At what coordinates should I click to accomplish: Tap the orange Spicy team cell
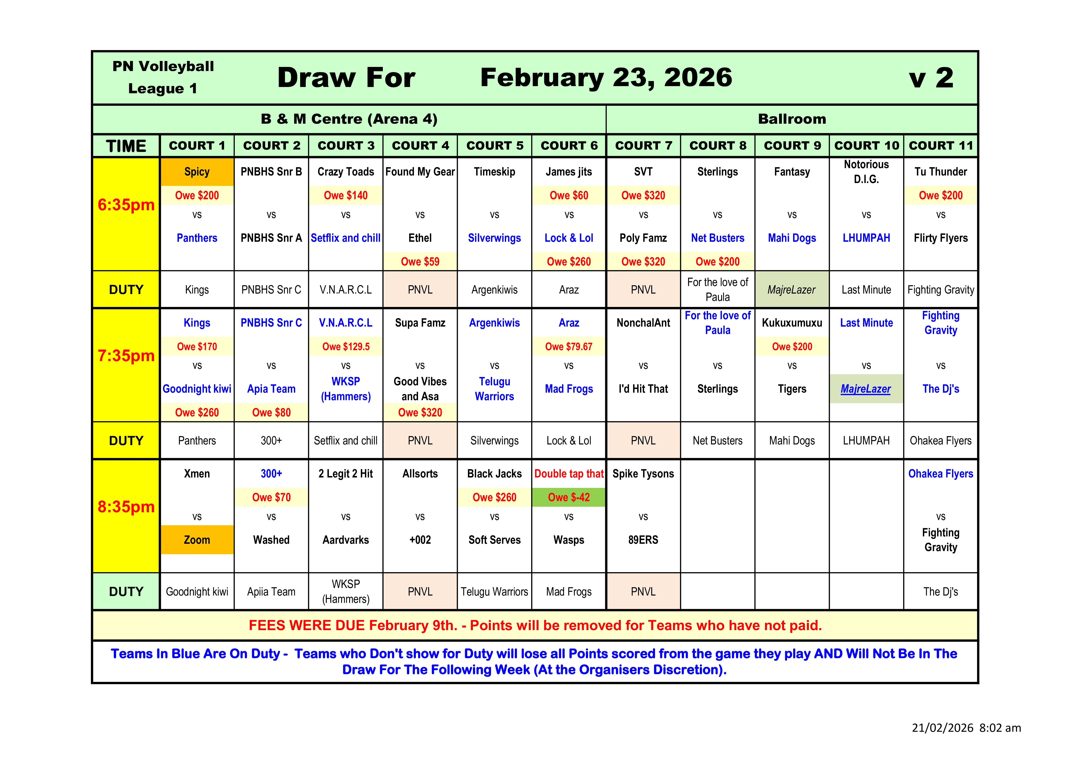(197, 172)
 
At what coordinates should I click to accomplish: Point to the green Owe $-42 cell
(569, 497)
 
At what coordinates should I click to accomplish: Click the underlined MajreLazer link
(866, 389)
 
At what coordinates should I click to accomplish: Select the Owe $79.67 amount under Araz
(569, 346)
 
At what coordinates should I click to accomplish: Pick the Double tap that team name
(569, 474)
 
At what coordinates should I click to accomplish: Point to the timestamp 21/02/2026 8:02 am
(966, 728)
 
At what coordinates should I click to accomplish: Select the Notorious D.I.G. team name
(866, 172)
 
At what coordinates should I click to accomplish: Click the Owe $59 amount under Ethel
(420, 262)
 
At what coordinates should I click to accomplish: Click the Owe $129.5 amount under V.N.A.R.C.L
(346, 346)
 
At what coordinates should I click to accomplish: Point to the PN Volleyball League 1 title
(163, 77)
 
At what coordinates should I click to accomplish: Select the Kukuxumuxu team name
(792, 323)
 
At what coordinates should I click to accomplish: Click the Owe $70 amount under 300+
(271, 497)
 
